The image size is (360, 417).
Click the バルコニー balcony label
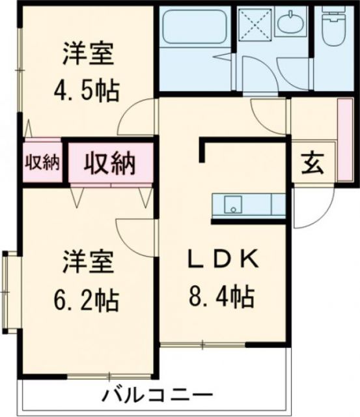tap(157, 395)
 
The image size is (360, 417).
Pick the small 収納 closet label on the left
tap(42, 163)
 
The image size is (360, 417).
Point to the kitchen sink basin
tap(231, 206)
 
